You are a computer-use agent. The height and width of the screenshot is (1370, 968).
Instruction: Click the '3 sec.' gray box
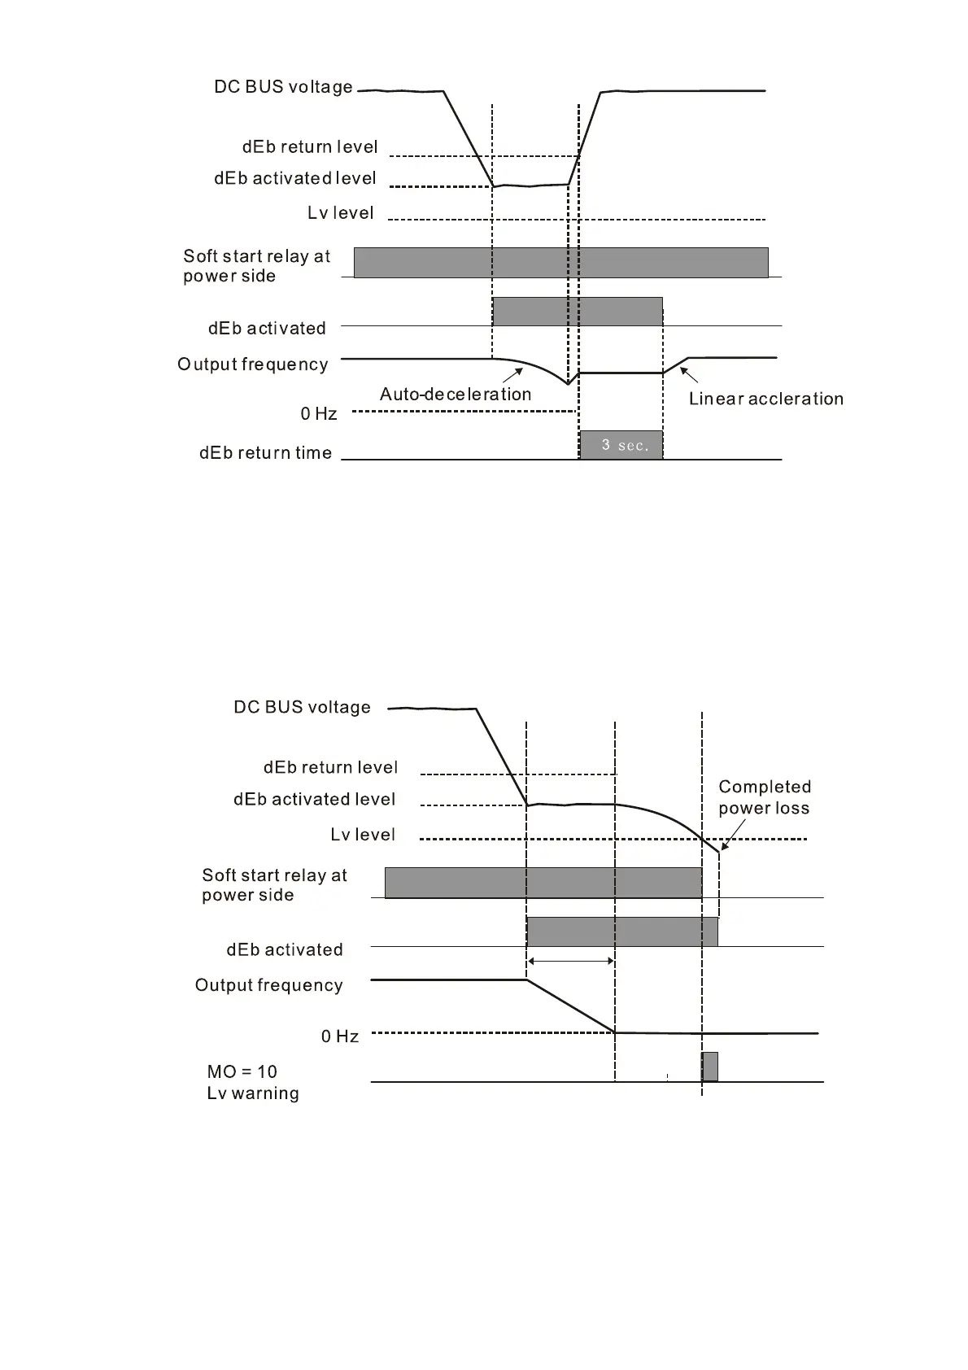click(x=621, y=445)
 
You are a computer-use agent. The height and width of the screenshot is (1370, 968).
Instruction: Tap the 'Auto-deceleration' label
click(x=456, y=395)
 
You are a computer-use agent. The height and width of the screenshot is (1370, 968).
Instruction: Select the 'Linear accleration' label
click(x=765, y=399)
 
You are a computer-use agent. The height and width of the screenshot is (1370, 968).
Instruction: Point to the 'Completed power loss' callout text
click(x=764, y=797)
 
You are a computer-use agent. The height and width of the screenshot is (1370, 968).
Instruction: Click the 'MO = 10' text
click(x=242, y=1072)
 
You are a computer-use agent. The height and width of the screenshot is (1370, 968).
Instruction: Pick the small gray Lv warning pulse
click(x=709, y=1067)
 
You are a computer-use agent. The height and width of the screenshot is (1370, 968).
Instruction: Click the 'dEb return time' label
click(x=265, y=453)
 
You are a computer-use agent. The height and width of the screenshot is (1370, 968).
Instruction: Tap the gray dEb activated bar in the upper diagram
click(x=578, y=312)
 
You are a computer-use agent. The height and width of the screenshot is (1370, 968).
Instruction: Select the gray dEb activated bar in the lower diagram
click(x=622, y=932)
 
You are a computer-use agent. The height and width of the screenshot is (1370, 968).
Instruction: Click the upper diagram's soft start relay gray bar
click(x=560, y=263)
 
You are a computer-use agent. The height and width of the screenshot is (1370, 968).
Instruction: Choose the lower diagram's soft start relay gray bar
click(x=543, y=883)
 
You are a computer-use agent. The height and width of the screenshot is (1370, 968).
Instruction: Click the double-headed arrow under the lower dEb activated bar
click(x=571, y=962)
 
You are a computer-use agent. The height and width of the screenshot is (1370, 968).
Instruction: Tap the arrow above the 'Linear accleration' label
click(x=689, y=375)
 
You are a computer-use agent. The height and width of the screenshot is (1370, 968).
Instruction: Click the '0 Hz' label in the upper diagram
click(x=318, y=414)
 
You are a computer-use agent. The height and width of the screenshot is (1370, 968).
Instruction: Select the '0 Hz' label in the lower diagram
click(x=339, y=1036)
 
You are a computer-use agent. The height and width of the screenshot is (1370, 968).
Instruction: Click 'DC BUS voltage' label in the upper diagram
click(x=283, y=87)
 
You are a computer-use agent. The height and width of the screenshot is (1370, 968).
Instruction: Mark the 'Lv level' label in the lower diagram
click(x=363, y=835)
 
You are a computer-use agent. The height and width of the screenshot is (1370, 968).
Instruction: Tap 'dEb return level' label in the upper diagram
click(x=310, y=147)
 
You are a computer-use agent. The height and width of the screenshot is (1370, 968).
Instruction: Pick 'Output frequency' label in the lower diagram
click(x=268, y=986)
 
